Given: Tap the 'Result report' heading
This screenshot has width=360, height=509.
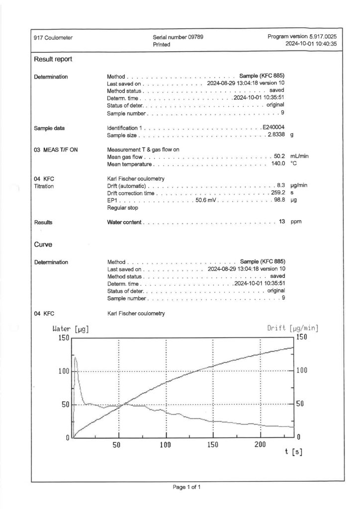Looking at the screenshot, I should click(53, 59).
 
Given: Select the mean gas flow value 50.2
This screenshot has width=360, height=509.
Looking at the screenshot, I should click(278, 157).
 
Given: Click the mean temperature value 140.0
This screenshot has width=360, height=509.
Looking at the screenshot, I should click(276, 164).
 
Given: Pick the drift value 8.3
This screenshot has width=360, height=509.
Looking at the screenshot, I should click(280, 185).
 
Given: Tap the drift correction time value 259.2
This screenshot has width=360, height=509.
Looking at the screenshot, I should click(276, 193).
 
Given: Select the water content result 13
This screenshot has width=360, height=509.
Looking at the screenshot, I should click(281, 222).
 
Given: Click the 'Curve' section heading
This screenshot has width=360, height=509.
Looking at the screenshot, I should click(43, 245).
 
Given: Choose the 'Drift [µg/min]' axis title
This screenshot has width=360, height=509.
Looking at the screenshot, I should click(292, 329).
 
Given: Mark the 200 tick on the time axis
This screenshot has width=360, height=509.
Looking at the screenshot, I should click(260, 443).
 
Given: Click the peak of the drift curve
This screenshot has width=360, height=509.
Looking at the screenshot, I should click(75, 357).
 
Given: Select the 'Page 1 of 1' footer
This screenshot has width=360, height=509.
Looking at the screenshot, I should click(186, 488).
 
